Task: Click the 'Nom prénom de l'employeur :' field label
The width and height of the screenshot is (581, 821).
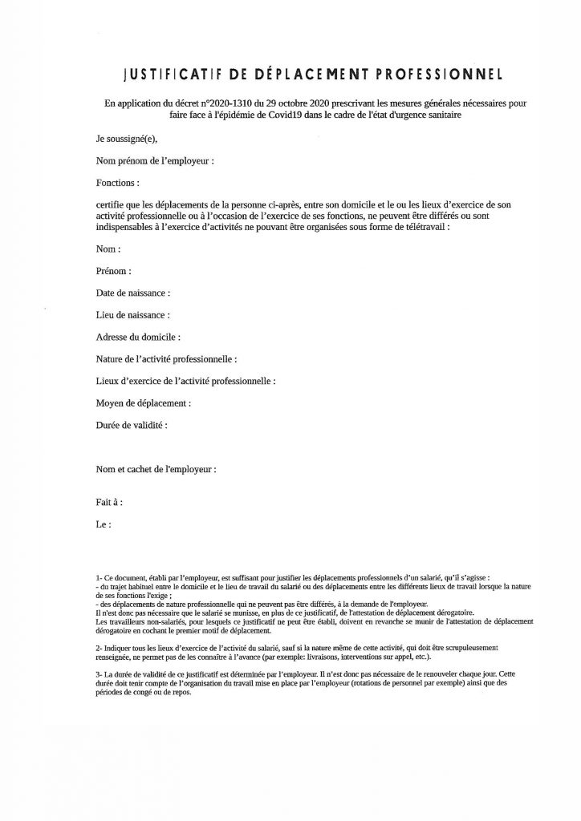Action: point(154,161)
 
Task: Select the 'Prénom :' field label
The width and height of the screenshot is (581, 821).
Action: point(113,272)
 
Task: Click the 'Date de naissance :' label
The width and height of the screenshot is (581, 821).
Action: point(133,293)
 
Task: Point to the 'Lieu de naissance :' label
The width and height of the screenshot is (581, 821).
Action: point(132,315)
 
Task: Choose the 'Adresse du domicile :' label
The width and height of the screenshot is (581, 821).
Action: point(137,338)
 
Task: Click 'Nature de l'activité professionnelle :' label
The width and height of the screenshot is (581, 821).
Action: point(166,359)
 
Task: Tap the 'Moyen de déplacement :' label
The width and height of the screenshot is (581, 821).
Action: point(143,402)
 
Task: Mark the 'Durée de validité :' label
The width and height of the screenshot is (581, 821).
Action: point(131,424)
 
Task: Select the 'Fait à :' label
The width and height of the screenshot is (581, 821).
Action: point(109,504)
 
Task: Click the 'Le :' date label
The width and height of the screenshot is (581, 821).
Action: point(102,525)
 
